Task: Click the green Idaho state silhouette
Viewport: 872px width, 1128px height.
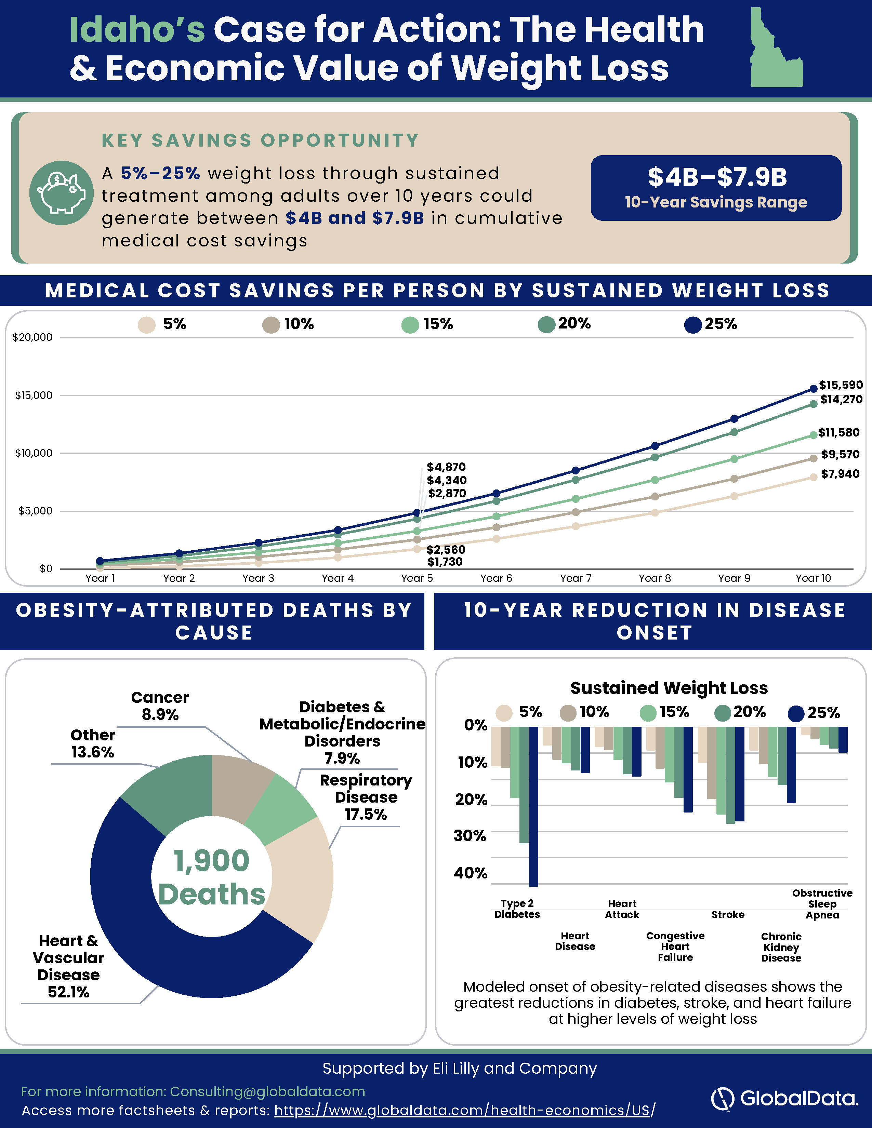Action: (775, 49)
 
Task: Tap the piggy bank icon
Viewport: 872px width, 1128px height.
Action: (62, 193)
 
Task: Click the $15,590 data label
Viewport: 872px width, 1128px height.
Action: (841, 385)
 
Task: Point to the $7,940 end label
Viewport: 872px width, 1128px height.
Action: (841, 474)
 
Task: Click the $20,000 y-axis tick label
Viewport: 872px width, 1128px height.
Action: (32, 337)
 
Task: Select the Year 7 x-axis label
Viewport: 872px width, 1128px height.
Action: (576, 578)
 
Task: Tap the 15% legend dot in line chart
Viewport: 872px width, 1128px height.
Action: (410, 325)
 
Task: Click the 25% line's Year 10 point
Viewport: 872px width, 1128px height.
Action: (814, 388)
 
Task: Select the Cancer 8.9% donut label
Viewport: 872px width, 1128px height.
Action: (160, 706)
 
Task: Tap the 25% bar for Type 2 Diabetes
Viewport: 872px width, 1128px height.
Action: (534, 806)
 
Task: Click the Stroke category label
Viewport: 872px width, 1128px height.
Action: (728, 915)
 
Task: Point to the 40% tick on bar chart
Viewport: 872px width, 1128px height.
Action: (471, 873)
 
